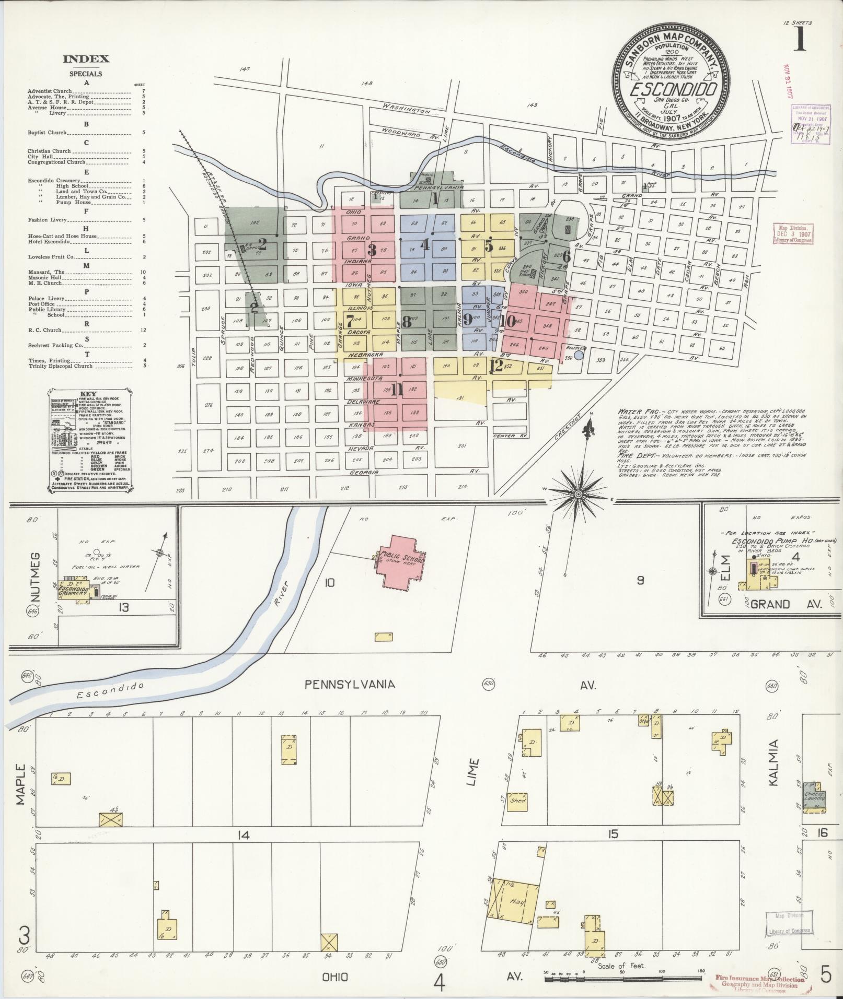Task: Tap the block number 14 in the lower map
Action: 242,836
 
